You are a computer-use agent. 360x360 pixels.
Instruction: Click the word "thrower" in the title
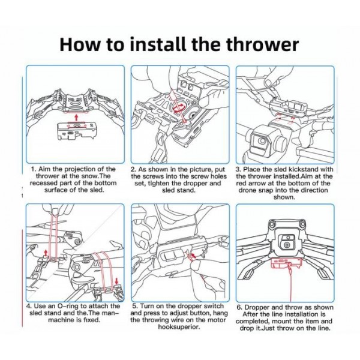tap(262, 44)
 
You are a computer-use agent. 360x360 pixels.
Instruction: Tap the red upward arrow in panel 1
tap(76, 118)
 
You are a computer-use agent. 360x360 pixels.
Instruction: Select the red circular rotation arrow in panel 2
tap(179, 107)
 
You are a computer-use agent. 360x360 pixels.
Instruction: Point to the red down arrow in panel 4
tap(117, 281)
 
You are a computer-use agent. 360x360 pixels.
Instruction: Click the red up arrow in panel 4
tap(46, 253)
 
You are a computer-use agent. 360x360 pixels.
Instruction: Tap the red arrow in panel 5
tap(194, 255)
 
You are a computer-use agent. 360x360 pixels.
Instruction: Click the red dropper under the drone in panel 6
tap(286, 263)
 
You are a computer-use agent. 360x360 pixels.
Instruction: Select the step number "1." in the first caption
tap(34, 169)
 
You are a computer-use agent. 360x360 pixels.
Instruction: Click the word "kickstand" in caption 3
tap(305, 169)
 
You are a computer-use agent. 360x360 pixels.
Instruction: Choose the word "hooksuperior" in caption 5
tap(178, 327)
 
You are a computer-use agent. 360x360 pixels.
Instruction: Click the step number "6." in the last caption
tap(239, 307)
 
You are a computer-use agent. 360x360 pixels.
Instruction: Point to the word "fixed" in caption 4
tap(90, 320)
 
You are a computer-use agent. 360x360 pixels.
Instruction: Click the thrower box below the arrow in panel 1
tap(76, 131)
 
